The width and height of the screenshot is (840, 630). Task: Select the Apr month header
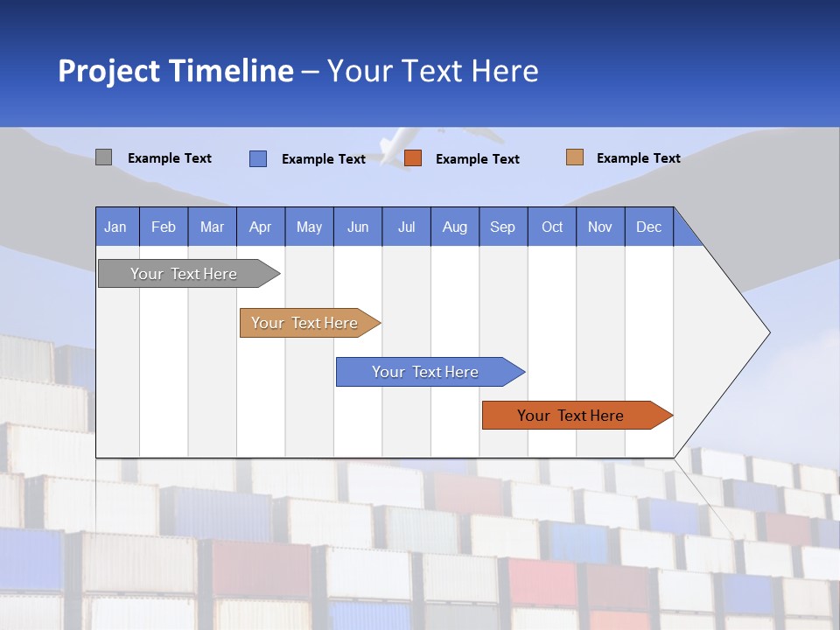[x=261, y=227]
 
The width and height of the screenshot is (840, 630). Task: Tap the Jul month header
[x=407, y=227]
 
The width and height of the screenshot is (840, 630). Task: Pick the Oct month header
[x=552, y=227]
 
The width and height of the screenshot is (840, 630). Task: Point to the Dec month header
[x=649, y=227]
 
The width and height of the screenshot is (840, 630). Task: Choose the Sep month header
[x=504, y=227]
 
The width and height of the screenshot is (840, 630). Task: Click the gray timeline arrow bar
[x=189, y=274]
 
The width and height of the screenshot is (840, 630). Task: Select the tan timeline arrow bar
[x=310, y=323]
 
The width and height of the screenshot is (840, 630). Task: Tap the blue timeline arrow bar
[x=430, y=372]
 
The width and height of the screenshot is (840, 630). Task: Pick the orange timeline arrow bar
[x=577, y=415]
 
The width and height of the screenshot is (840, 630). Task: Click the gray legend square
[x=104, y=157]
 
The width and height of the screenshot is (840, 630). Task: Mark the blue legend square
[x=258, y=158]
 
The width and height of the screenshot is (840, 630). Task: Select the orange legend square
[x=413, y=158]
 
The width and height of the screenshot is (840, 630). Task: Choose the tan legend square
[x=575, y=157]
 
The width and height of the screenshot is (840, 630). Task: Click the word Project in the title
[x=108, y=71]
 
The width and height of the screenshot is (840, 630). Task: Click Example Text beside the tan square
[x=639, y=158]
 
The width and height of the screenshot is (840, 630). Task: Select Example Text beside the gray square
[x=170, y=158]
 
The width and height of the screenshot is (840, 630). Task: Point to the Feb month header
[x=164, y=227]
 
